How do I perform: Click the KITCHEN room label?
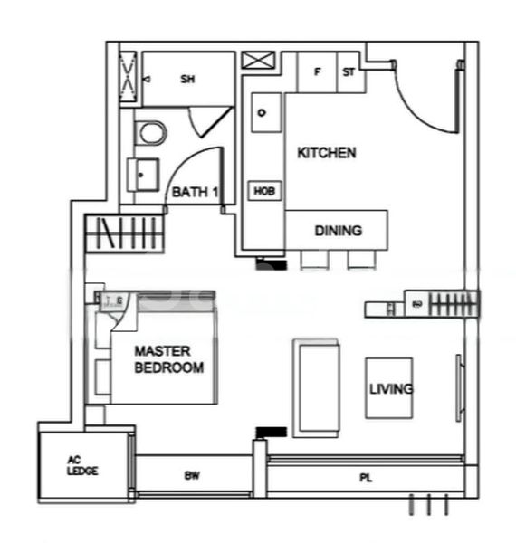[x=326, y=153]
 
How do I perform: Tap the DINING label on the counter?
[x=338, y=231]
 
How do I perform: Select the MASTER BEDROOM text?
[x=168, y=359]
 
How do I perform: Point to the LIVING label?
[x=391, y=389]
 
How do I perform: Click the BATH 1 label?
[x=196, y=192]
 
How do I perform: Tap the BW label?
[x=192, y=474]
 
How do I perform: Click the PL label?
[x=365, y=476]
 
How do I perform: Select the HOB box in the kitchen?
[x=263, y=191]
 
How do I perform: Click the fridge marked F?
[x=317, y=72]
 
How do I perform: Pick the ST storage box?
[x=349, y=72]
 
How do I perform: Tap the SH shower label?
[x=188, y=80]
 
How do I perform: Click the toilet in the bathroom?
[x=151, y=134]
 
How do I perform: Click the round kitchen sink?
[x=262, y=113]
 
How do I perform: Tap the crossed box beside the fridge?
[x=257, y=62]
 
